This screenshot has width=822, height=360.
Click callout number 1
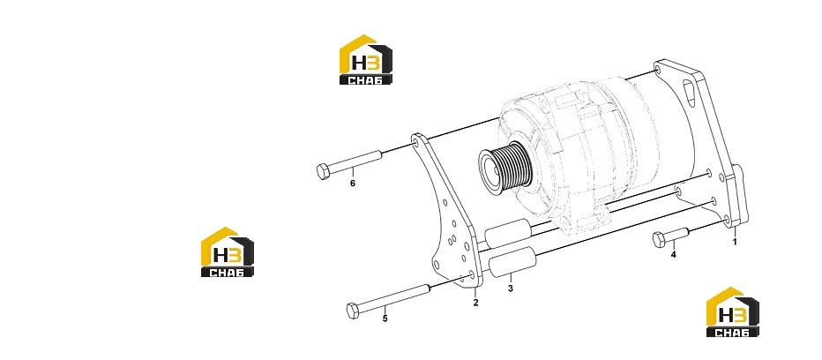(x=735, y=242)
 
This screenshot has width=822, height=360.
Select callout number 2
(x=475, y=303)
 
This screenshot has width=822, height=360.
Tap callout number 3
(x=510, y=289)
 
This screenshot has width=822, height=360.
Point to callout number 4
(x=673, y=254)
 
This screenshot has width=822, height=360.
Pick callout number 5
(x=385, y=319)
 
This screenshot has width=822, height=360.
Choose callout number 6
(x=352, y=184)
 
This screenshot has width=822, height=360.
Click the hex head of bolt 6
(x=324, y=171)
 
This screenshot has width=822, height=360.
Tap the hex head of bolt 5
(x=354, y=311)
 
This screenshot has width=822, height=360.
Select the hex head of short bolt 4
(x=660, y=240)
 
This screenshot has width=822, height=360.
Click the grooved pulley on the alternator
(x=506, y=167)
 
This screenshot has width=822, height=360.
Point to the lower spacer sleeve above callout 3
(x=513, y=261)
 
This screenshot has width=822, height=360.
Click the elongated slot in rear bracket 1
(x=689, y=93)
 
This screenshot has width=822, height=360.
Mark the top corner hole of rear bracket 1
(x=658, y=69)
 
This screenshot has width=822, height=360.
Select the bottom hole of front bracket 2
(x=471, y=275)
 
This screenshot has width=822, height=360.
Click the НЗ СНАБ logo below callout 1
(x=732, y=311)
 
